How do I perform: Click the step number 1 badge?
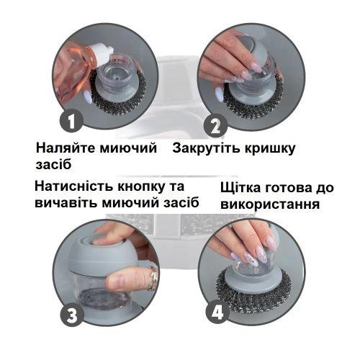click(x=71, y=120)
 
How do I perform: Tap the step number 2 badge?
click(x=215, y=126)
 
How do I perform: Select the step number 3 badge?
click(x=72, y=314)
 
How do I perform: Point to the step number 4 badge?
click(x=217, y=312)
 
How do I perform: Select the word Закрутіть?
click(x=206, y=148)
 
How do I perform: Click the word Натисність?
click(x=74, y=186)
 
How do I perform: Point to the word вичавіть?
click(x=66, y=203)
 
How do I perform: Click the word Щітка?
click(x=240, y=189)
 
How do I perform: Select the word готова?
click(x=287, y=188)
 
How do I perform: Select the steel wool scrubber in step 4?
click(x=253, y=290)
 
